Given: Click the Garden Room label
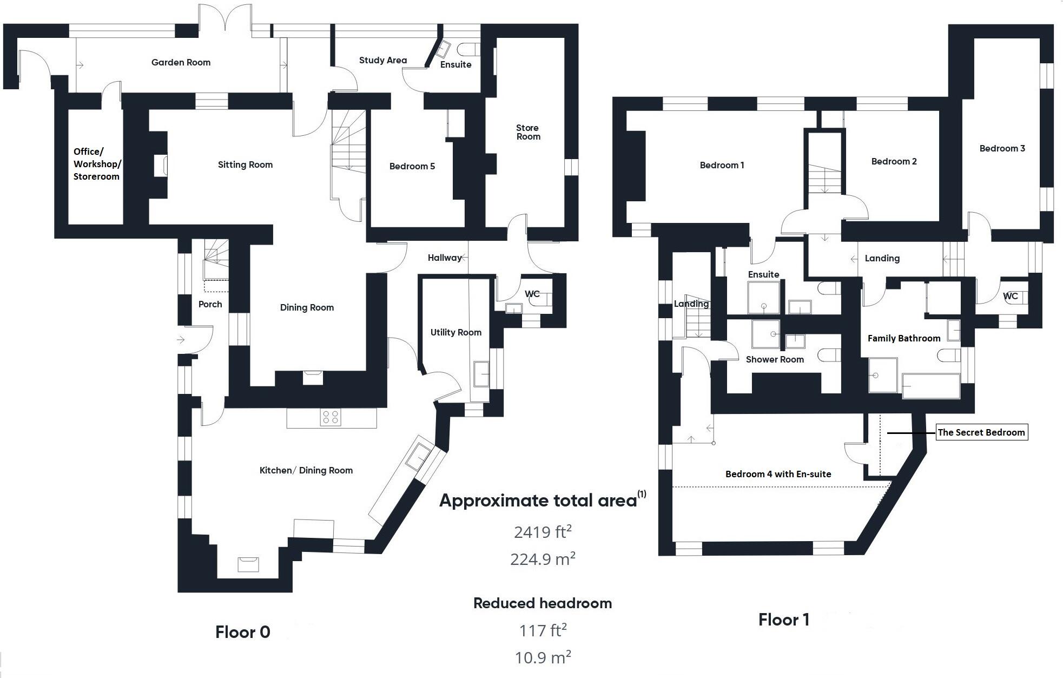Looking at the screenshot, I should [181, 62].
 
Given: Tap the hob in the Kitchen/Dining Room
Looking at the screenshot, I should [330, 417].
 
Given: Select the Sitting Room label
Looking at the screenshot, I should [245, 164].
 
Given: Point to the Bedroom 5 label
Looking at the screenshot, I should [412, 166].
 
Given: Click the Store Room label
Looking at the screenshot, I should [527, 132].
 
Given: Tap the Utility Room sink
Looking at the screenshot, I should [481, 373].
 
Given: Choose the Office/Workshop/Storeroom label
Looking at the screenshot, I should [97, 164].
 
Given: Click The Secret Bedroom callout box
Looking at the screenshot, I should [981, 432].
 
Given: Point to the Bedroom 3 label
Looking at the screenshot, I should [1002, 148].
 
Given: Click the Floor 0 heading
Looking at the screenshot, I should [242, 632].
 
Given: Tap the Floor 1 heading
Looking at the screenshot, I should [783, 620].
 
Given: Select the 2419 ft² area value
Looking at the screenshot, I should [542, 532].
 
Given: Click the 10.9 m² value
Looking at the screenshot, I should [543, 657].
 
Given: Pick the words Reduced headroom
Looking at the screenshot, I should [542, 603].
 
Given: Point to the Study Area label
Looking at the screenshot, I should [382, 60].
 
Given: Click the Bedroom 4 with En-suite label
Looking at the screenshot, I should [778, 474].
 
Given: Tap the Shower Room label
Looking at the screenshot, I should [774, 359].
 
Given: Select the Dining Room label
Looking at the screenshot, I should [307, 307].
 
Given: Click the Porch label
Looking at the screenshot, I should [210, 304].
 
